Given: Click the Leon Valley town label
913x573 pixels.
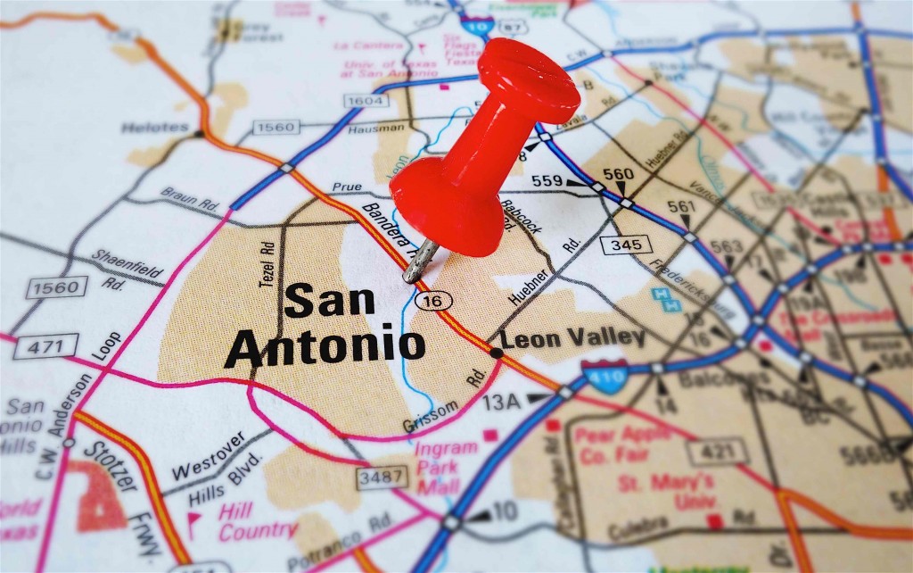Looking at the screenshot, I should click(572, 337).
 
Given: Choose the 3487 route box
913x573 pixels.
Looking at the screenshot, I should click(382, 477).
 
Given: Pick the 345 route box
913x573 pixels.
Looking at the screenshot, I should click(626, 244).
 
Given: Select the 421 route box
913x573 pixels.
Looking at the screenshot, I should click(718, 451).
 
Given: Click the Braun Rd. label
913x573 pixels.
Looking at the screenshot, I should click(191, 198).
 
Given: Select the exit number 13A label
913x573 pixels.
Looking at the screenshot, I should click(501, 402).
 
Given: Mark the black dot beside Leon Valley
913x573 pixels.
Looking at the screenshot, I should click(496, 353).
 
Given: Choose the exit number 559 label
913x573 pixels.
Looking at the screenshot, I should click(547, 181).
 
